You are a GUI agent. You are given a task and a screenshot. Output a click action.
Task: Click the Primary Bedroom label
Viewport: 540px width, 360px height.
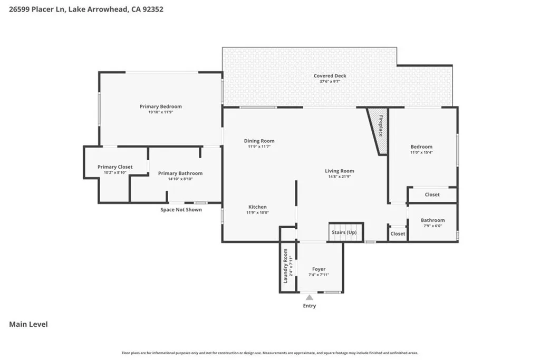pyautogui.click(x=160, y=106)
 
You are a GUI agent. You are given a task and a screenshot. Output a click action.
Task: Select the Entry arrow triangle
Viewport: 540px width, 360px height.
pyautogui.click(x=309, y=298)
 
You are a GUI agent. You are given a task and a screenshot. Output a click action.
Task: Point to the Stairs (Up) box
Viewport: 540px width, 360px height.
pyautogui.click(x=344, y=232)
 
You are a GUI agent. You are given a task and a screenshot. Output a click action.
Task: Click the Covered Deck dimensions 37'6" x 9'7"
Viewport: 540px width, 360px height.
pyautogui.click(x=330, y=82)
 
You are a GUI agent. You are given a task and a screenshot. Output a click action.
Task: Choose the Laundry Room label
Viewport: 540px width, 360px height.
pyautogui.click(x=286, y=269)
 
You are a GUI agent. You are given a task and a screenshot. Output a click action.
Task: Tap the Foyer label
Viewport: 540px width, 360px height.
pyautogui.click(x=319, y=269)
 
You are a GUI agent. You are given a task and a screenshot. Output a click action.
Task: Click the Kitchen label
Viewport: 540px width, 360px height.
pyautogui.click(x=257, y=207)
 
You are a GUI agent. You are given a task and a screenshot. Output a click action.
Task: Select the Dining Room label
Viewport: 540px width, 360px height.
pyautogui.click(x=259, y=141)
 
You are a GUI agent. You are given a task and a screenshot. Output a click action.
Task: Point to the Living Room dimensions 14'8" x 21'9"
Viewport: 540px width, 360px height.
pyautogui.click(x=339, y=177)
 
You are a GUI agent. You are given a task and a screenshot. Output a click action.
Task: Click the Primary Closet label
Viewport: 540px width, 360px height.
pyautogui.click(x=115, y=167)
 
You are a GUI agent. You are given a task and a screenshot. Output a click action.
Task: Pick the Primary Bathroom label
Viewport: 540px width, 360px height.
pyautogui.click(x=180, y=173)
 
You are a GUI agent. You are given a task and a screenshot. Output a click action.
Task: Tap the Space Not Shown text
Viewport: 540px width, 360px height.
pyautogui.click(x=181, y=210)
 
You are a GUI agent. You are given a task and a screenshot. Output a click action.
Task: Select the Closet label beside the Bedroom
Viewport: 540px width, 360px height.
pyautogui.click(x=432, y=194)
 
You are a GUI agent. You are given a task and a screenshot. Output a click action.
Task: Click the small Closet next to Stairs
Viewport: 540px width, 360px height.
pyautogui.click(x=398, y=233)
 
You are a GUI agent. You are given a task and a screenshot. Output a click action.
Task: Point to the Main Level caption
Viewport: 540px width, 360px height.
pyautogui.click(x=28, y=324)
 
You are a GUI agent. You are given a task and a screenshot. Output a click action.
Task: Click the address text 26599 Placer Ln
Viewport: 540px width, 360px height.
pyautogui.click(x=37, y=9)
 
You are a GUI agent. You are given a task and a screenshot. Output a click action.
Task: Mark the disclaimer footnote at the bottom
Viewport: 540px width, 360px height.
pyautogui.click(x=270, y=353)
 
